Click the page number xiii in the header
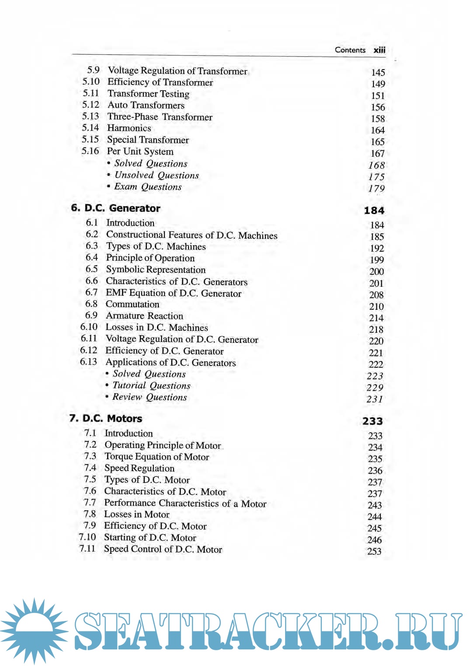coord(379,50)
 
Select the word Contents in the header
coord(350,50)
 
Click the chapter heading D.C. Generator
coord(122,208)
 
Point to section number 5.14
coord(91,127)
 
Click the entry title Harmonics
coord(129,128)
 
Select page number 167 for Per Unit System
coord(377,153)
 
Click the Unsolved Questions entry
coord(156,175)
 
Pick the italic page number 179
coord(376,188)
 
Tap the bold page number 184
coord(374,211)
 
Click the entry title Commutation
coord(132,304)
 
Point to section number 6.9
coord(91,315)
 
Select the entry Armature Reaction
coord(144,316)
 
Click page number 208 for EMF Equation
coord(376,295)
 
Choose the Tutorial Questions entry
coord(151,385)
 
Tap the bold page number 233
coord(373,421)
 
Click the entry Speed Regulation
coord(139,468)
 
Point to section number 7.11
coord(87,548)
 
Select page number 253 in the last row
coord(374,551)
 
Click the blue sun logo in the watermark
coord(34,631)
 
